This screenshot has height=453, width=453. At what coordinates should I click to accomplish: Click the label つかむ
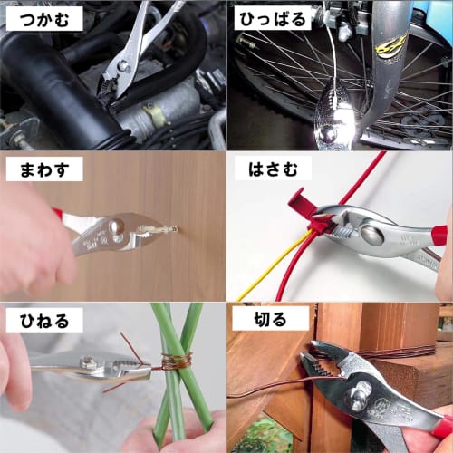click(43, 18)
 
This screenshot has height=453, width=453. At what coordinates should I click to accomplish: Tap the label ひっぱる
click(273, 18)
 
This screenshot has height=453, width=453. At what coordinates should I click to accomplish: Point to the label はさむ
click(273, 169)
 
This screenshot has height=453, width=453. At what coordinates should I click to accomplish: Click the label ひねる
click(43, 319)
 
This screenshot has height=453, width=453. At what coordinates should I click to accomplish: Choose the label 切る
click(259, 319)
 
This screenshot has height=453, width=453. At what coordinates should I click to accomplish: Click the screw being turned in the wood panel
click(169, 229)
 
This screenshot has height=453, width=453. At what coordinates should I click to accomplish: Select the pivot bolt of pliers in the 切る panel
click(361, 392)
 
